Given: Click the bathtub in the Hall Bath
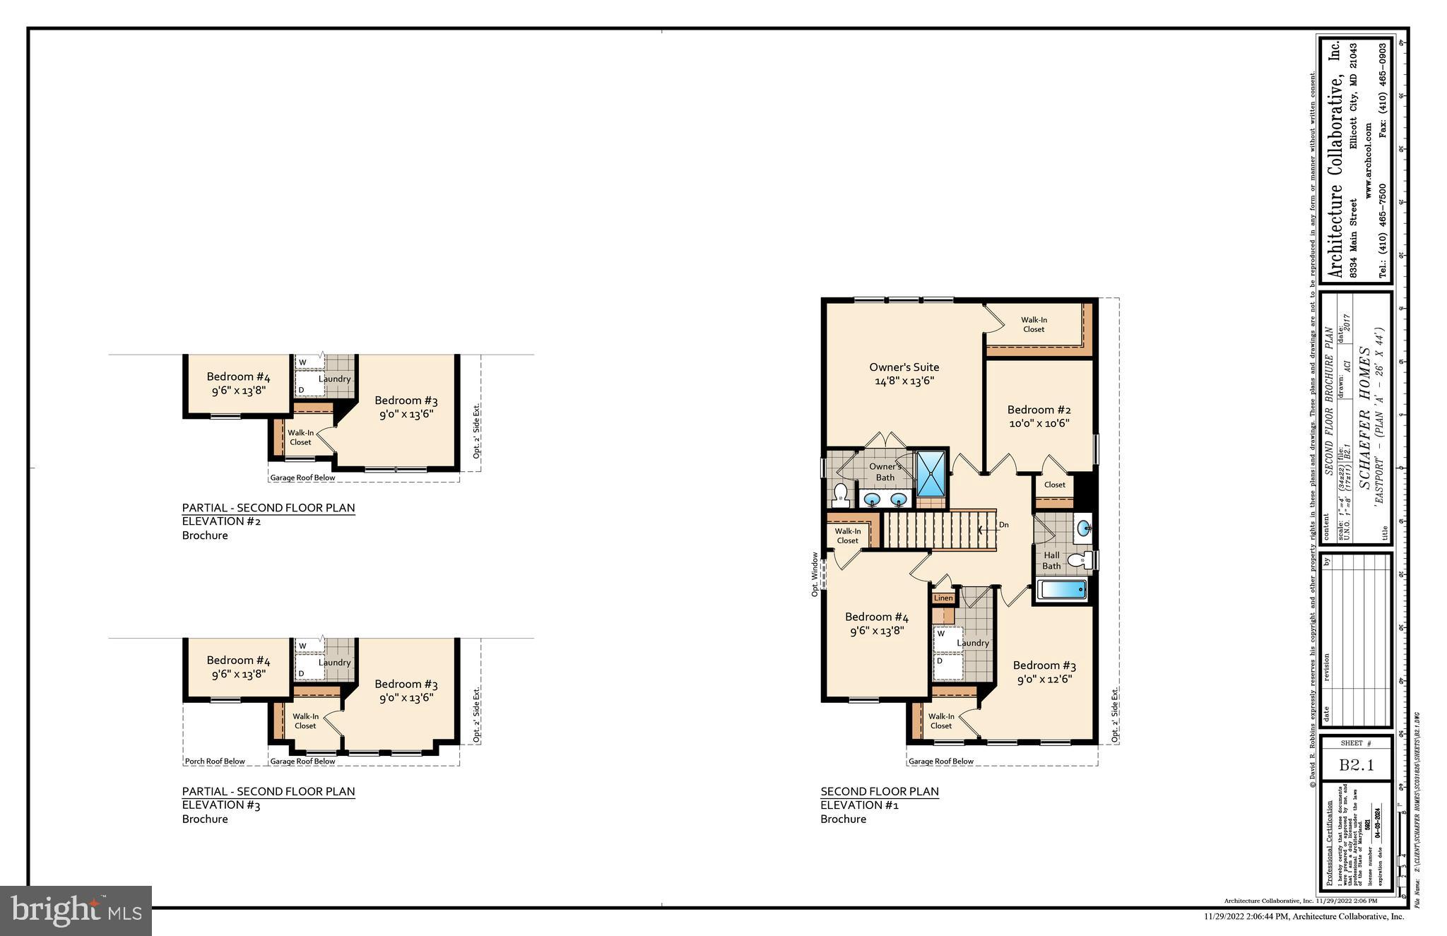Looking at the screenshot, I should click(1061, 590).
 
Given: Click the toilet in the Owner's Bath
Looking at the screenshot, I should click(840, 494).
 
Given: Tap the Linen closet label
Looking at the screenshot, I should click(943, 598).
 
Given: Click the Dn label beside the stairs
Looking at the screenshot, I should click(1003, 525).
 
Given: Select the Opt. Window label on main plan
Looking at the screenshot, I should click(815, 574).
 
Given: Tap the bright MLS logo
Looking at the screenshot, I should click(76, 911).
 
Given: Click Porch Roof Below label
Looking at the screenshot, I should click(215, 762).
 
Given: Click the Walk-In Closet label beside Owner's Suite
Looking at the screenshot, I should click(1033, 325).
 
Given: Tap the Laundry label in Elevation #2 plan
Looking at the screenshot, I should click(334, 379).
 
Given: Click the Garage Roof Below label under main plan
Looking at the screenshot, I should click(940, 762).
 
